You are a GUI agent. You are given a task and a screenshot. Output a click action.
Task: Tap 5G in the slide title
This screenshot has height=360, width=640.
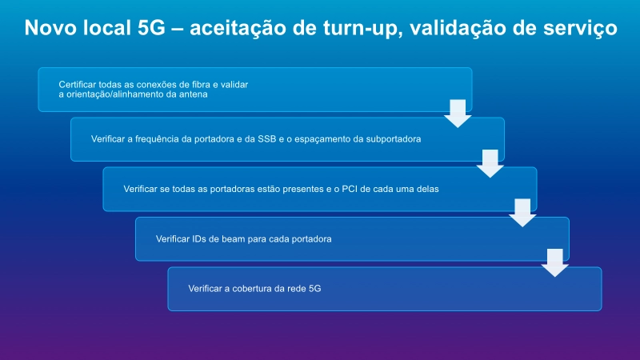point(151,28)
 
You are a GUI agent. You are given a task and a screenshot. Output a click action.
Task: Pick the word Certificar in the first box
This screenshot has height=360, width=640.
point(77,85)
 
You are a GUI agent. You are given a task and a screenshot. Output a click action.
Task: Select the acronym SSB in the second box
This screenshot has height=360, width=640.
point(267,139)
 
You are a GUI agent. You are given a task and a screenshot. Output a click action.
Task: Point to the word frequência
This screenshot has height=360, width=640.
point(157,139)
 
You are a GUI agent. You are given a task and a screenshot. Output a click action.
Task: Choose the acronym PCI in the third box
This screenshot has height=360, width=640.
point(349,189)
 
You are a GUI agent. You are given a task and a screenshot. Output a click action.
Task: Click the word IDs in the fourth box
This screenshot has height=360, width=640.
point(198,238)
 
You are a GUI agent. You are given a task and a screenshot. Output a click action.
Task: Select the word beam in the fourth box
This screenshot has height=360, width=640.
point(233,238)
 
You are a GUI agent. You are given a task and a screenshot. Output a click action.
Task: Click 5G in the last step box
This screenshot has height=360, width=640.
point(314,289)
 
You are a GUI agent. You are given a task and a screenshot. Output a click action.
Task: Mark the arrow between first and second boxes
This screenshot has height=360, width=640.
point(458,114)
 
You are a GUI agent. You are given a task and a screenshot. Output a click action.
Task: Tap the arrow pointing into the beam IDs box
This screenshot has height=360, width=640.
point(522,213)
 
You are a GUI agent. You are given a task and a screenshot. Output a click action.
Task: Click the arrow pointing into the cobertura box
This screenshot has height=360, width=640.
point(554,263)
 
